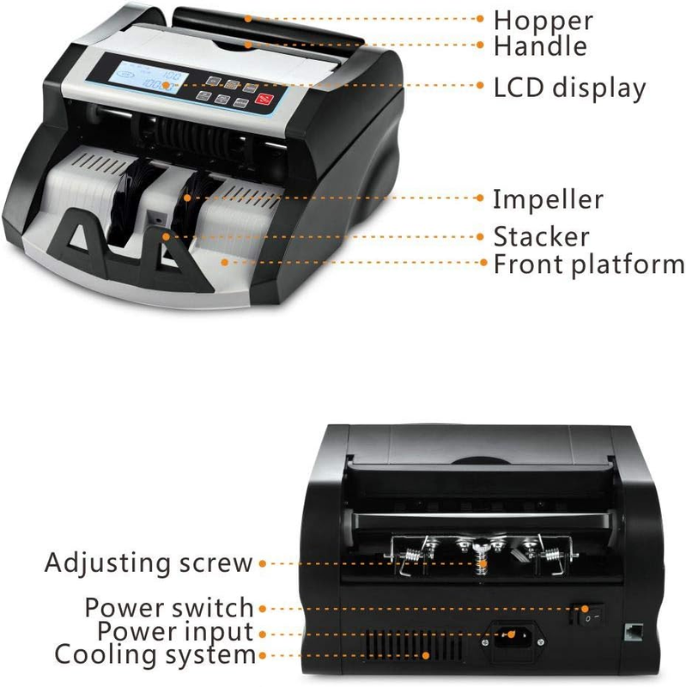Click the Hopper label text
click(x=543, y=20)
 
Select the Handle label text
click(x=540, y=46)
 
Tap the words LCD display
click(x=569, y=88)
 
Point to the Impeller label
click(x=548, y=200)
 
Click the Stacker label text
click(x=541, y=237)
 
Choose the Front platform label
click(x=589, y=265)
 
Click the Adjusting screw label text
click(x=149, y=563)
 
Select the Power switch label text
click(x=169, y=607)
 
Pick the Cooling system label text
click(x=155, y=655)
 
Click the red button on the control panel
click(x=264, y=100)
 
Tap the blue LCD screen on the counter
click(x=148, y=78)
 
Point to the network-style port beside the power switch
click(x=634, y=632)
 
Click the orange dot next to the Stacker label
click(x=480, y=237)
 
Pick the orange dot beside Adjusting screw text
click(x=263, y=563)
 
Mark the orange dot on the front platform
click(x=225, y=263)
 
